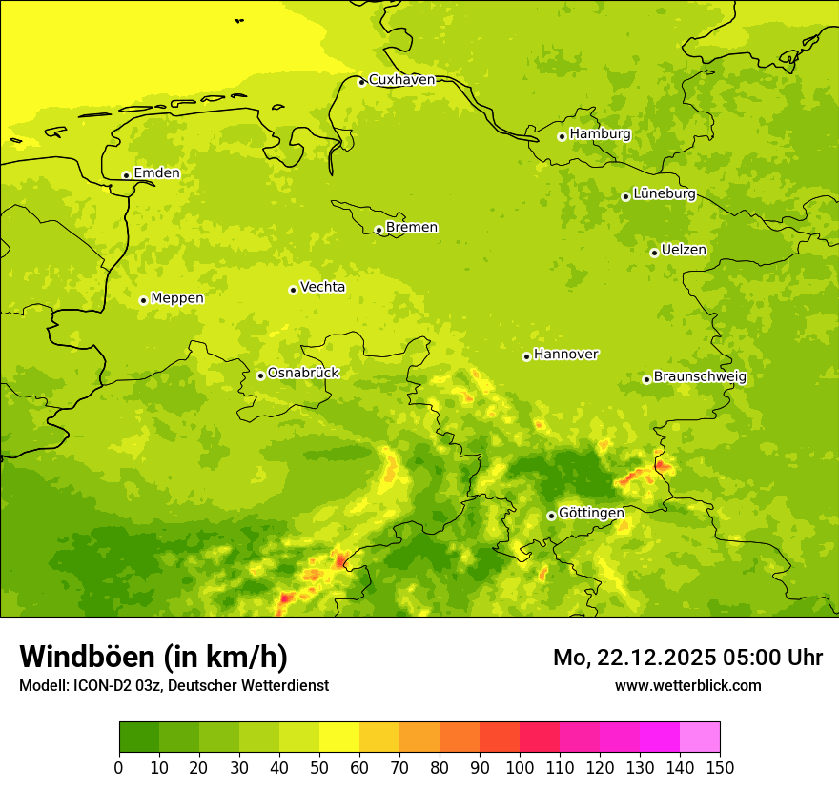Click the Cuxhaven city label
click(401, 80)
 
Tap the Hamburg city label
click(600, 134)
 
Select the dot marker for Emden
click(126, 175)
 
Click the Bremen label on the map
click(412, 228)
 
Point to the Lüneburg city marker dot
click(625, 196)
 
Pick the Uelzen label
click(684, 251)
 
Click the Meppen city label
click(177, 298)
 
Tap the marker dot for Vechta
click(293, 290)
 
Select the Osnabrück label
click(303, 374)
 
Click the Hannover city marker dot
click(526, 357)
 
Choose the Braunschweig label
click(700, 377)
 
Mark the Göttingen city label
click(591, 514)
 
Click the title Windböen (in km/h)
click(153, 657)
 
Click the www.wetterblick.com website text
click(687, 685)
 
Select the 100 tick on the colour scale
click(520, 767)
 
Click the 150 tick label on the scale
click(720, 767)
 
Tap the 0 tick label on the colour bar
click(119, 767)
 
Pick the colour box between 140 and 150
click(700, 738)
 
